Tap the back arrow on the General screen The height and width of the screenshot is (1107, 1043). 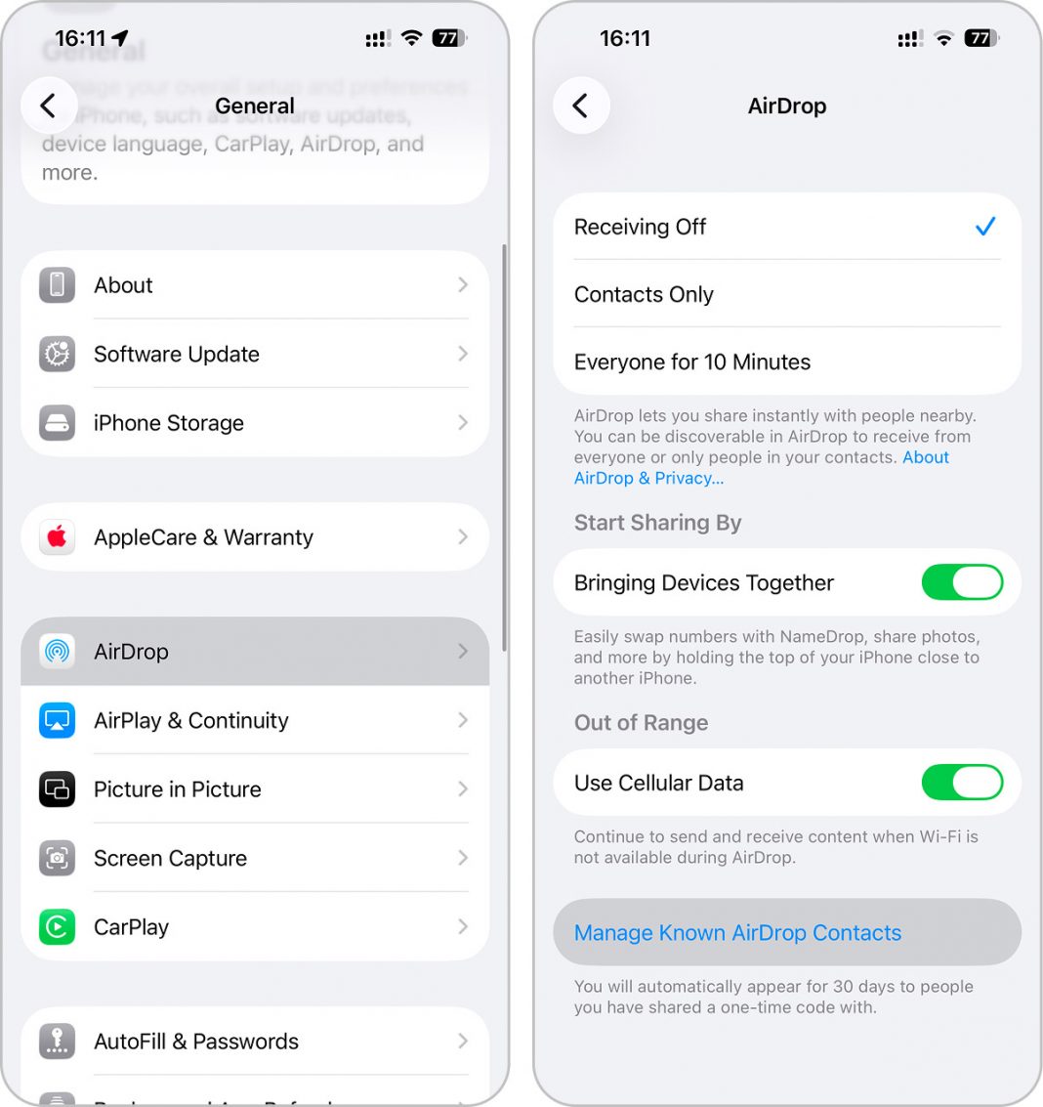pyautogui.click(x=48, y=106)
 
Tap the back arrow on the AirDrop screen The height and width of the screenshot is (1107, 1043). pyautogui.click(x=581, y=106)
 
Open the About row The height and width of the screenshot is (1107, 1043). pyautogui.click(x=254, y=285)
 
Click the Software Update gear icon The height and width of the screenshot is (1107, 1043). pyautogui.click(x=57, y=354)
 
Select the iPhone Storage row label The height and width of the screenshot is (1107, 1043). pyautogui.click(x=168, y=423)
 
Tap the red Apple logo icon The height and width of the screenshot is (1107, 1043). pyautogui.click(x=57, y=537)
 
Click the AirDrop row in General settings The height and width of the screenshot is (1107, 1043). pyautogui.click(x=254, y=652)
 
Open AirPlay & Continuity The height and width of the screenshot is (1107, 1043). pyautogui.click(x=254, y=720)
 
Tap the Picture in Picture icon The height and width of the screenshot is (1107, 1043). pyautogui.click(x=57, y=789)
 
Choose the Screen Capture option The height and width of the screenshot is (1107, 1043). pyautogui.click(x=254, y=858)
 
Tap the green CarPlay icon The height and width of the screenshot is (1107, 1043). pyautogui.click(x=57, y=927)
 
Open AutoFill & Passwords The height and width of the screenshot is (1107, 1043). pyautogui.click(x=254, y=1042)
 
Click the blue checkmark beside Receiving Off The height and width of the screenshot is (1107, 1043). pyautogui.click(x=985, y=227)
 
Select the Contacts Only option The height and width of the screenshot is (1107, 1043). pyautogui.click(x=786, y=294)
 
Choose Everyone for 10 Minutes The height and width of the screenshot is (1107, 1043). pyautogui.click(x=786, y=362)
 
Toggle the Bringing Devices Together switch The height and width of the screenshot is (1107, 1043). pyautogui.click(x=962, y=583)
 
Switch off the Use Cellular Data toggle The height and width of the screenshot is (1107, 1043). pyautogui.click(x=962, y=783)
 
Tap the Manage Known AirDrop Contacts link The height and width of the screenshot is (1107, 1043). pyautogui.click(x=737, y=933)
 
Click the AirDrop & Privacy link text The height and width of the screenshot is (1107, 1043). pyautogui.click(x=648, y=479)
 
